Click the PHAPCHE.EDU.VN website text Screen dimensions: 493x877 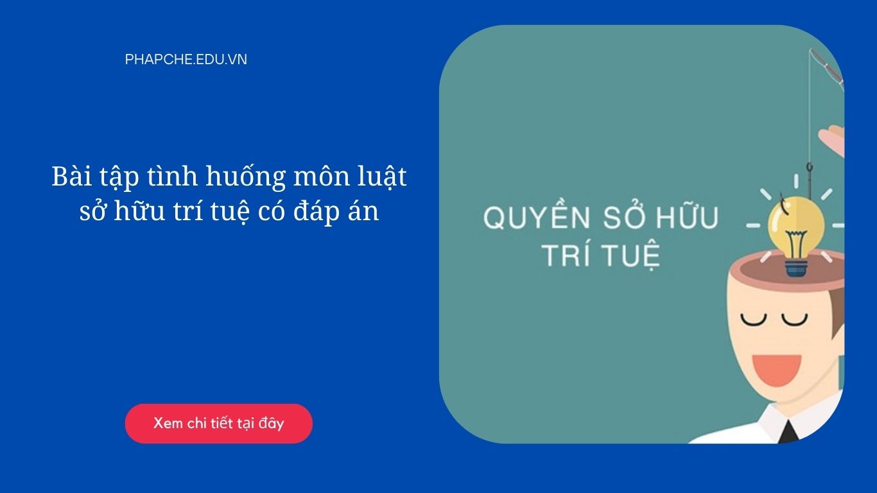point(186,60)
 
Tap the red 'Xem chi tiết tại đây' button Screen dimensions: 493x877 point(218,424)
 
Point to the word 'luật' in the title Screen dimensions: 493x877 point(383,177)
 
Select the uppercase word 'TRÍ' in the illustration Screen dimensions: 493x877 point(564,255)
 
